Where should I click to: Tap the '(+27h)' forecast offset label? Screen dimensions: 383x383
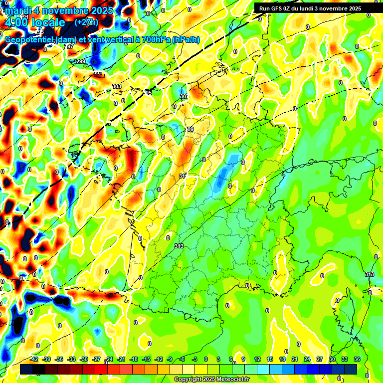coord(87,22)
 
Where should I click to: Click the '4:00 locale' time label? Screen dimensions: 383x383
coord(34,23)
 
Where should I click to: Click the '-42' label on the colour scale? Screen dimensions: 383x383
coord(34,359)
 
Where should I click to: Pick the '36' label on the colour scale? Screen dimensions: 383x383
coord(357,359)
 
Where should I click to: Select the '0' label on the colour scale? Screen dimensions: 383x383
coord(206,359)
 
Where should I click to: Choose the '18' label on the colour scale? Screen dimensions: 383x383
coord(282,359)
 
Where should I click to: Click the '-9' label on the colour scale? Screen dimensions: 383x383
coord(170,359)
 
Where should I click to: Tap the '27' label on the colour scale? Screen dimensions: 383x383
coord(320,359)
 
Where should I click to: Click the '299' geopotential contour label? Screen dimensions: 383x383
coord(80,61)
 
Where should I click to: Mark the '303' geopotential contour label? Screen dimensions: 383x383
coord(116,86)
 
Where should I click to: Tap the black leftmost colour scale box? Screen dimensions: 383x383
coord(26,369)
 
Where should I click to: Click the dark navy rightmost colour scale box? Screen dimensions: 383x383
coord(351,369)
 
